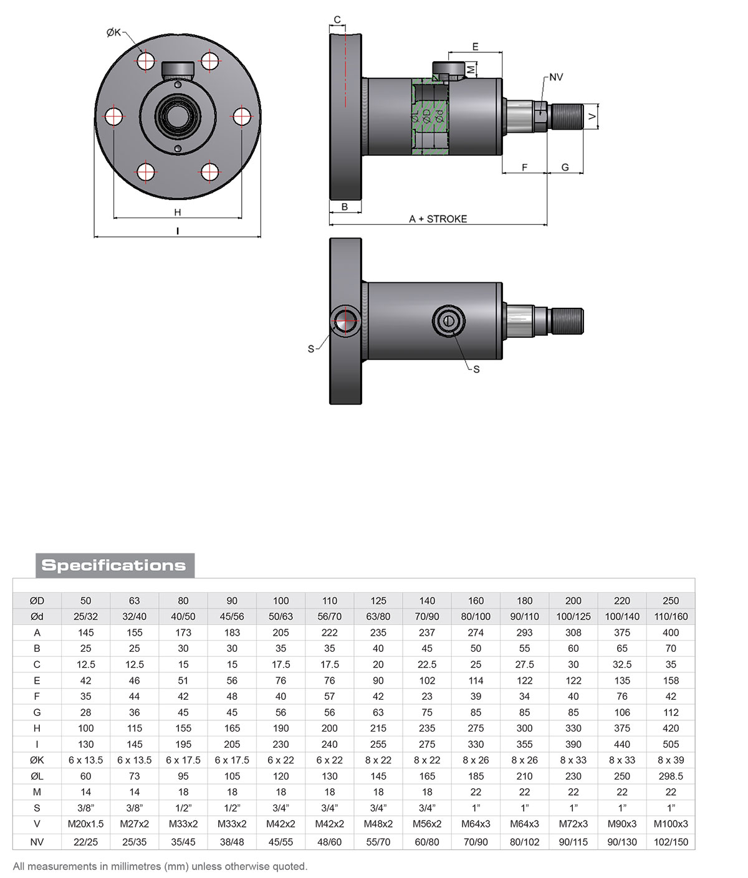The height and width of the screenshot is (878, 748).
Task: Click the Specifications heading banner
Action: (115, 565)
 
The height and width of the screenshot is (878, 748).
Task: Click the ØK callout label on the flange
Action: (113, 32)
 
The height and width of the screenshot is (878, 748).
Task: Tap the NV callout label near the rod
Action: (556, 77)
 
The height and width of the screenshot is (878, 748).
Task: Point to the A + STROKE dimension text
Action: (438, 219)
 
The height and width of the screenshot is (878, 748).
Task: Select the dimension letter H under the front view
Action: (178, 212)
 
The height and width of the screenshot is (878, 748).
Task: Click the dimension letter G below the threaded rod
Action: (565, 167)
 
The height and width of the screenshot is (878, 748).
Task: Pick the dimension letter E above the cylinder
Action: (476, 47)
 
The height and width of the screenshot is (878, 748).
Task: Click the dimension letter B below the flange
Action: (345, 207)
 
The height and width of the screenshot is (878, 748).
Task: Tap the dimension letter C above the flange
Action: (337, 20)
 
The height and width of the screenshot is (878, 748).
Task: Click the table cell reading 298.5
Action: (671, 776)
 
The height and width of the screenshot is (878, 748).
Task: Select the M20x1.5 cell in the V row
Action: (86, 824)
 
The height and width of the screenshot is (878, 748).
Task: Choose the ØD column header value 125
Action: (378, 601)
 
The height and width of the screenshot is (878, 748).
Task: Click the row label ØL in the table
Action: (37, 776)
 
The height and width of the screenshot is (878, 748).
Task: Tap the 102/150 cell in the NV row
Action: (671, 842)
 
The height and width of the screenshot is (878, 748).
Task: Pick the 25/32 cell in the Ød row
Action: (86, 616)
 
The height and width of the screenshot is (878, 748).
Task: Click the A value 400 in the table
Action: (671, 632)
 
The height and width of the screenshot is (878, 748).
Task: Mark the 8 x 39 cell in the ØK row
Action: (671, 760)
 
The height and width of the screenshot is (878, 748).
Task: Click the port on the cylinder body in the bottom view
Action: (448, 321)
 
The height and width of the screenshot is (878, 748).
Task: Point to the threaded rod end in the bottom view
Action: (567, 321)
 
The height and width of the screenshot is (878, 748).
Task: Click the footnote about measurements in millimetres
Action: (160, 866)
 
